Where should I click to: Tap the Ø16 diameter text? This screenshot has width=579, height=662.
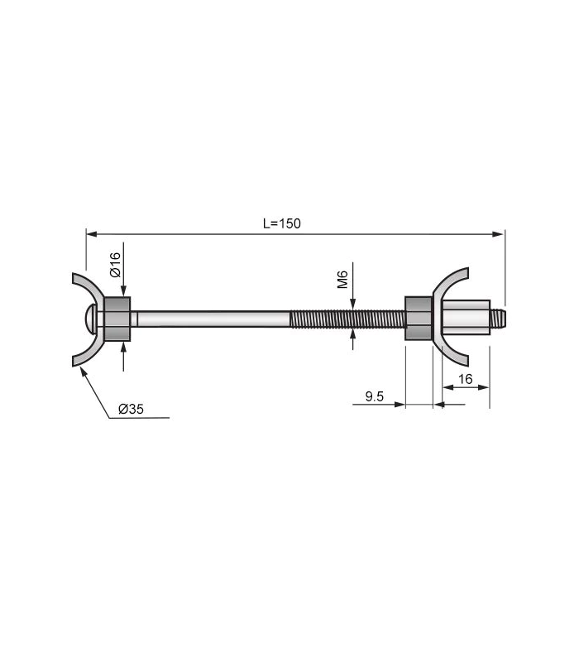[x=116, y=264]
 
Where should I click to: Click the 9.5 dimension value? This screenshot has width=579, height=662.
[x=374, y=396]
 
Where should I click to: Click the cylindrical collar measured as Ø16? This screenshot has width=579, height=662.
[x=117, y=319]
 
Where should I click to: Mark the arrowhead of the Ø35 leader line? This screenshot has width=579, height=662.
[x=82, y=369]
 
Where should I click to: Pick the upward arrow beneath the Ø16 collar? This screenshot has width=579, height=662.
[x=123, y=348]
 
